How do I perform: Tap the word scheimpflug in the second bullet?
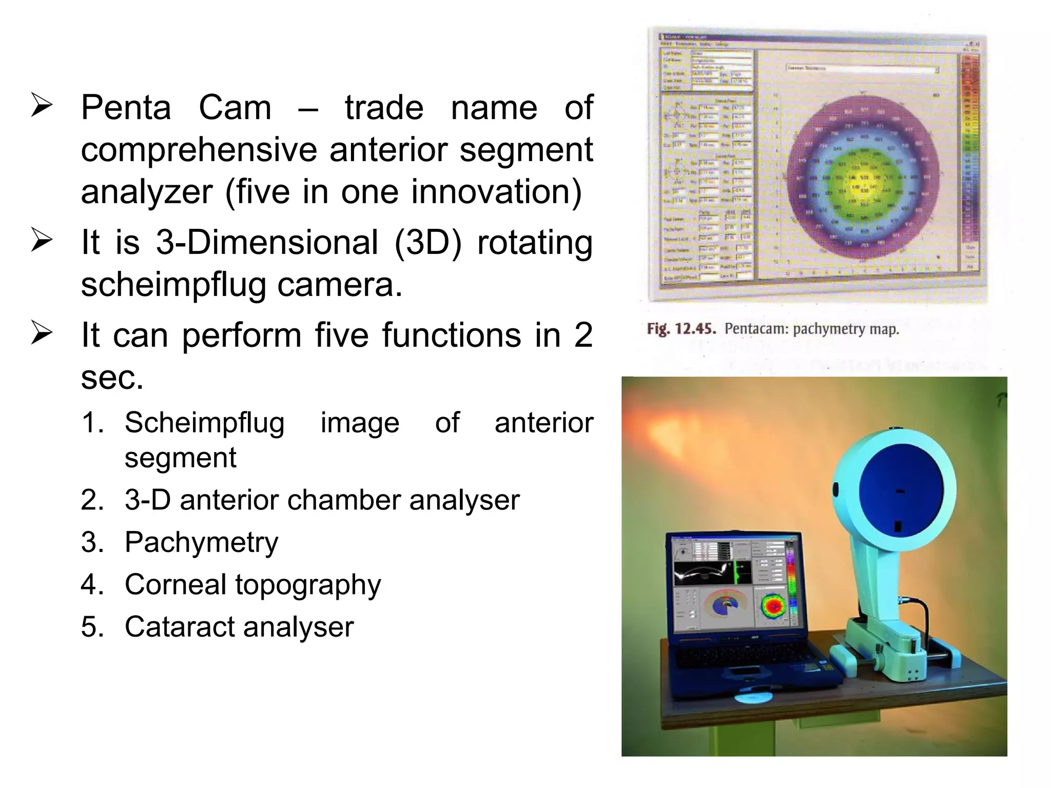tap(173, 285)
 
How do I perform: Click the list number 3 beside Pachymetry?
tap(92, 542)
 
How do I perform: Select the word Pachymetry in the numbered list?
tap(201, 542)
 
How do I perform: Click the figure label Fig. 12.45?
tap(681, 329)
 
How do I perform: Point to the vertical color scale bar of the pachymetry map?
tap(971, 154)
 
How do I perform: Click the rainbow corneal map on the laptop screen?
tap(773, 605)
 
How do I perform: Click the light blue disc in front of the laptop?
tap(753, 697)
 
